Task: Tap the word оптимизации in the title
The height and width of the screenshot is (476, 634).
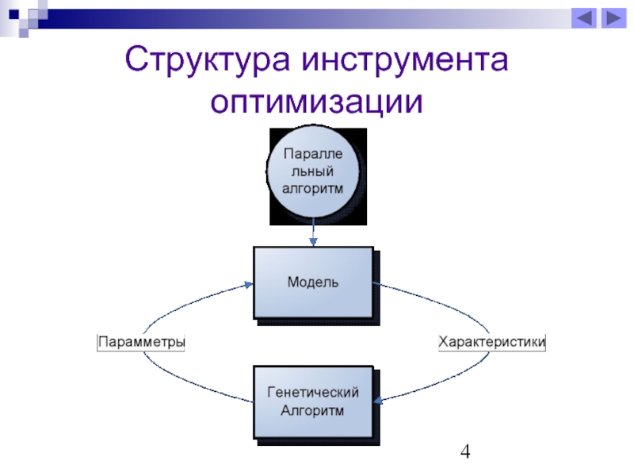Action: (317, 103)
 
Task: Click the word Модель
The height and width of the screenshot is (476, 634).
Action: (313, 282)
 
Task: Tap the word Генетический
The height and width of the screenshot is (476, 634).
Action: (313, 392)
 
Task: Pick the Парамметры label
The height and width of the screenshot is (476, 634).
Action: (141, 342)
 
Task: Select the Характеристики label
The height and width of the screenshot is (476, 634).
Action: (492, 342)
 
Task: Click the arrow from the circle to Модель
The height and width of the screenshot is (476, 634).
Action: (314, 232)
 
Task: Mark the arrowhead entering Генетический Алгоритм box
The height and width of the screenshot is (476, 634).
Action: (378, 401)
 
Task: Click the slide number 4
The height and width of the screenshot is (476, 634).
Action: (465, 452)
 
